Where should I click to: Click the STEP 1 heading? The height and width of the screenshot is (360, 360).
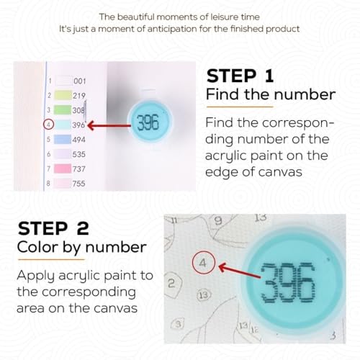click(240, 76)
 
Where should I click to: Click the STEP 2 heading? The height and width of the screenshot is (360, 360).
click(53, 228)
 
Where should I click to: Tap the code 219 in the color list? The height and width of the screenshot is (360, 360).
click(79, 96)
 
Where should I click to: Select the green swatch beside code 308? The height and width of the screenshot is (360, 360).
click(63, 109)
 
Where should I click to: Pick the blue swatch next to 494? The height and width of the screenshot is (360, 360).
click(63, 139)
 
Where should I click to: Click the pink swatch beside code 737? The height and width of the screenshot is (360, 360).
click(63, 168)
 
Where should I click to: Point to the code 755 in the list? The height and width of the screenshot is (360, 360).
click(79, 184)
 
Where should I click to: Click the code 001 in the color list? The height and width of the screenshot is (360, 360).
click(80, 81)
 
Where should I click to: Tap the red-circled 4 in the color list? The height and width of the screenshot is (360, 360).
click(49, 125)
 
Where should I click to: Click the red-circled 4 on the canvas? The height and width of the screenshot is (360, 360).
click(203, 263)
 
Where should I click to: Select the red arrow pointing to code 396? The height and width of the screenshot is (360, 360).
click(109, 125)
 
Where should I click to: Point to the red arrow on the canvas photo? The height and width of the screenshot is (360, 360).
click(240, 271)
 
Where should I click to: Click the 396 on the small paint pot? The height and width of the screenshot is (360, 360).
click(148, 122)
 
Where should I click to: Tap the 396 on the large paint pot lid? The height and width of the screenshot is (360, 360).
click(288, 283)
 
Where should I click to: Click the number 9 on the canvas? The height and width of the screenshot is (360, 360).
click(218, 220)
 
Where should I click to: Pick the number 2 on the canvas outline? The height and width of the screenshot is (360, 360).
click(171, 284)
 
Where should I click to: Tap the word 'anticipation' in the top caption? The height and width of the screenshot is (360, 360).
click(178, 29)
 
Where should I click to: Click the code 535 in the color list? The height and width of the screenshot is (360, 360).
click(79, 154)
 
